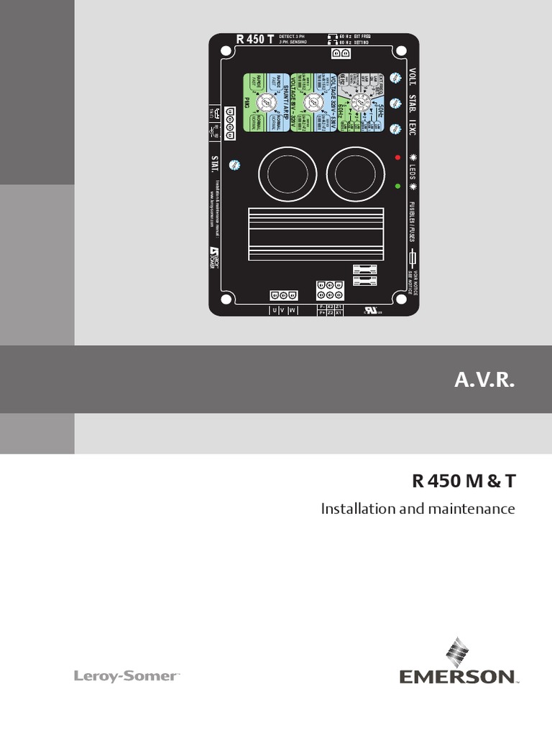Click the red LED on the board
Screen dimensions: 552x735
pos(397,156)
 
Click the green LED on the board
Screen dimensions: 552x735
pos(397,186)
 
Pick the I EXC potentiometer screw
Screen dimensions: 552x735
pos(394,129)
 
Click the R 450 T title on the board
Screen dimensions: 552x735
pos(254,39)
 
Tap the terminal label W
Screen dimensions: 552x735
pos(291,311)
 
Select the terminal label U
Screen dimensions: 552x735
pos(273,311)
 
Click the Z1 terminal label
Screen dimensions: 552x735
pos(339,307)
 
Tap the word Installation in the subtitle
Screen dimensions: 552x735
pos(353,509)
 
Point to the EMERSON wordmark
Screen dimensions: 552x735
pos(458,676)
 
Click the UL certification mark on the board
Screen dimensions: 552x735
pos(371,311)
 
